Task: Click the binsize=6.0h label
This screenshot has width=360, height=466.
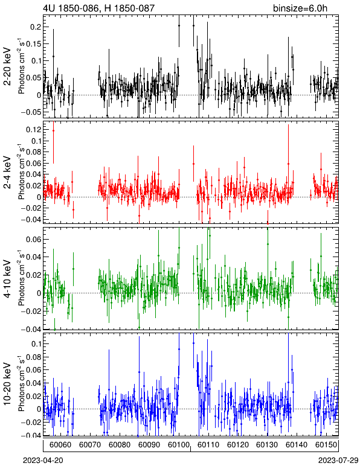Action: click(x=300, y=8)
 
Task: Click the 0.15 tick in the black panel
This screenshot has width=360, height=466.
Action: click(x=33, y=44)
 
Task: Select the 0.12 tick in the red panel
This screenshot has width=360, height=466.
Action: click(x=33, y=130)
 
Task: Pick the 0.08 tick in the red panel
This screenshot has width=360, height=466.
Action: click(x=33, y=152)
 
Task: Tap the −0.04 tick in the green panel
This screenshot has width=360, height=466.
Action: click(x=31, y=330)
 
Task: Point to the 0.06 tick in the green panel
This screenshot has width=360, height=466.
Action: click(x=33, y=239)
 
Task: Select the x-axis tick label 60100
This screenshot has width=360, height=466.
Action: click(x=179, y=445)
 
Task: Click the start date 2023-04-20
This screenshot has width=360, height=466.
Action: click(x=43, y=461)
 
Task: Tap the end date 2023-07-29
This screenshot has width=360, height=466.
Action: click(x=338, y=461)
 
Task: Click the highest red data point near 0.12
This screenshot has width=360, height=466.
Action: click(x=54, y=130)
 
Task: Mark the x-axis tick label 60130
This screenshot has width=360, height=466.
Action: click(x=267, y=445)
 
